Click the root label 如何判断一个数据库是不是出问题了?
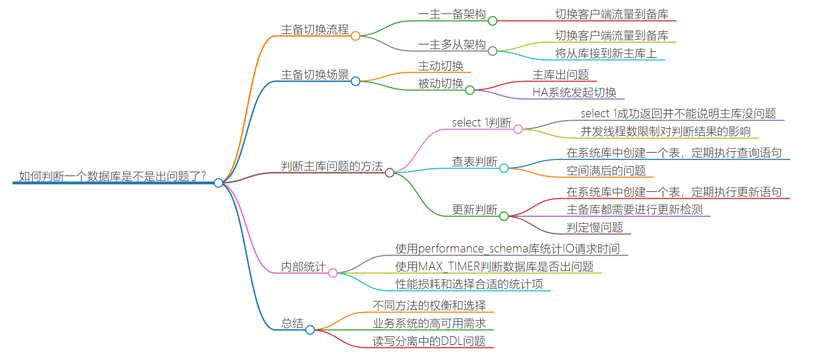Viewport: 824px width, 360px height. pos(112,176)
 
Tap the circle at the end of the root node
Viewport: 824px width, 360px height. pos(218,182)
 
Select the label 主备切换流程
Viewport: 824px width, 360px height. pos(315,29)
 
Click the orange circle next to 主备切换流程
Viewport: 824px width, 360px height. pos(355,36)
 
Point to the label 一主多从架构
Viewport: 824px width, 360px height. pos(452,44)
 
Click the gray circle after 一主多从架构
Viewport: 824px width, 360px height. pos(493,51)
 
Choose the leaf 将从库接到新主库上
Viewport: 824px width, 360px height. pos(606,53)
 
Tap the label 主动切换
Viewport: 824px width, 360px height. pos(440,66)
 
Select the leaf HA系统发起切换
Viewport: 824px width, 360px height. pos(574,92)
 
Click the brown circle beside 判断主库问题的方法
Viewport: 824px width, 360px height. pos(389,173)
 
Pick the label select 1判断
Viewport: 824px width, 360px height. pos(481,123)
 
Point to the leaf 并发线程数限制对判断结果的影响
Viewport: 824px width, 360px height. pos(665,131)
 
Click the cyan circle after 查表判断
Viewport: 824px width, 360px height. pos(504,168)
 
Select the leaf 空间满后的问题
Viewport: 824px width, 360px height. pos(606,171)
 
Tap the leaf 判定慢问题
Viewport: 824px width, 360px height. pos(594,227)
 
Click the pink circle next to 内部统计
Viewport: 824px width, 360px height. pos(333,273)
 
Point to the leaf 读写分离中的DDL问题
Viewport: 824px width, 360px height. pos(429,341)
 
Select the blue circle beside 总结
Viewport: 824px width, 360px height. pos(310,330)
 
